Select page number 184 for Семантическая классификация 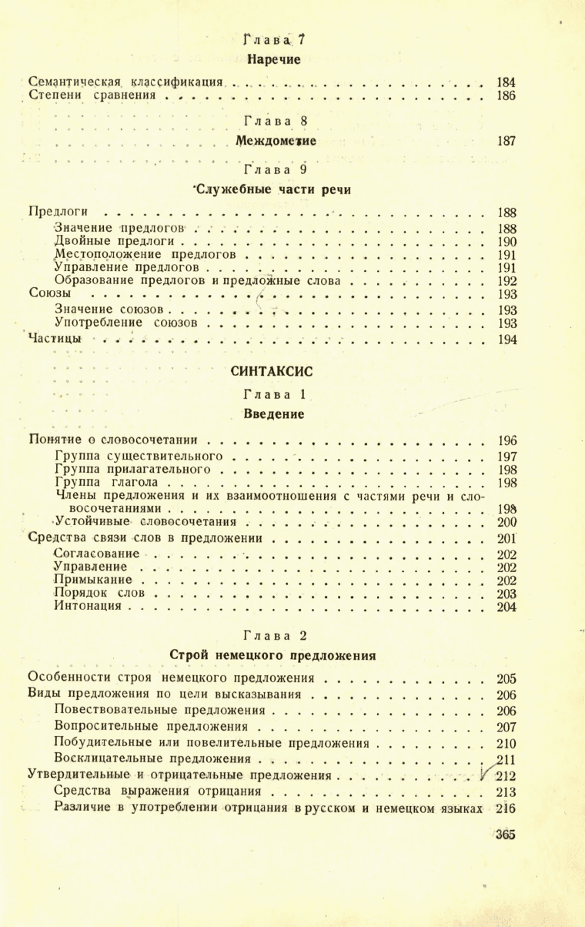[506, 81]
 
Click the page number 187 [506, 141]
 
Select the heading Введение [274, 414]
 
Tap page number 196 [506, 441]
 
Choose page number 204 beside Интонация [506, 607]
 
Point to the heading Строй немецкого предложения [272, 656]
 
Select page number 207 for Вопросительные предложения [506, 726]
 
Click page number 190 [506, 243]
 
